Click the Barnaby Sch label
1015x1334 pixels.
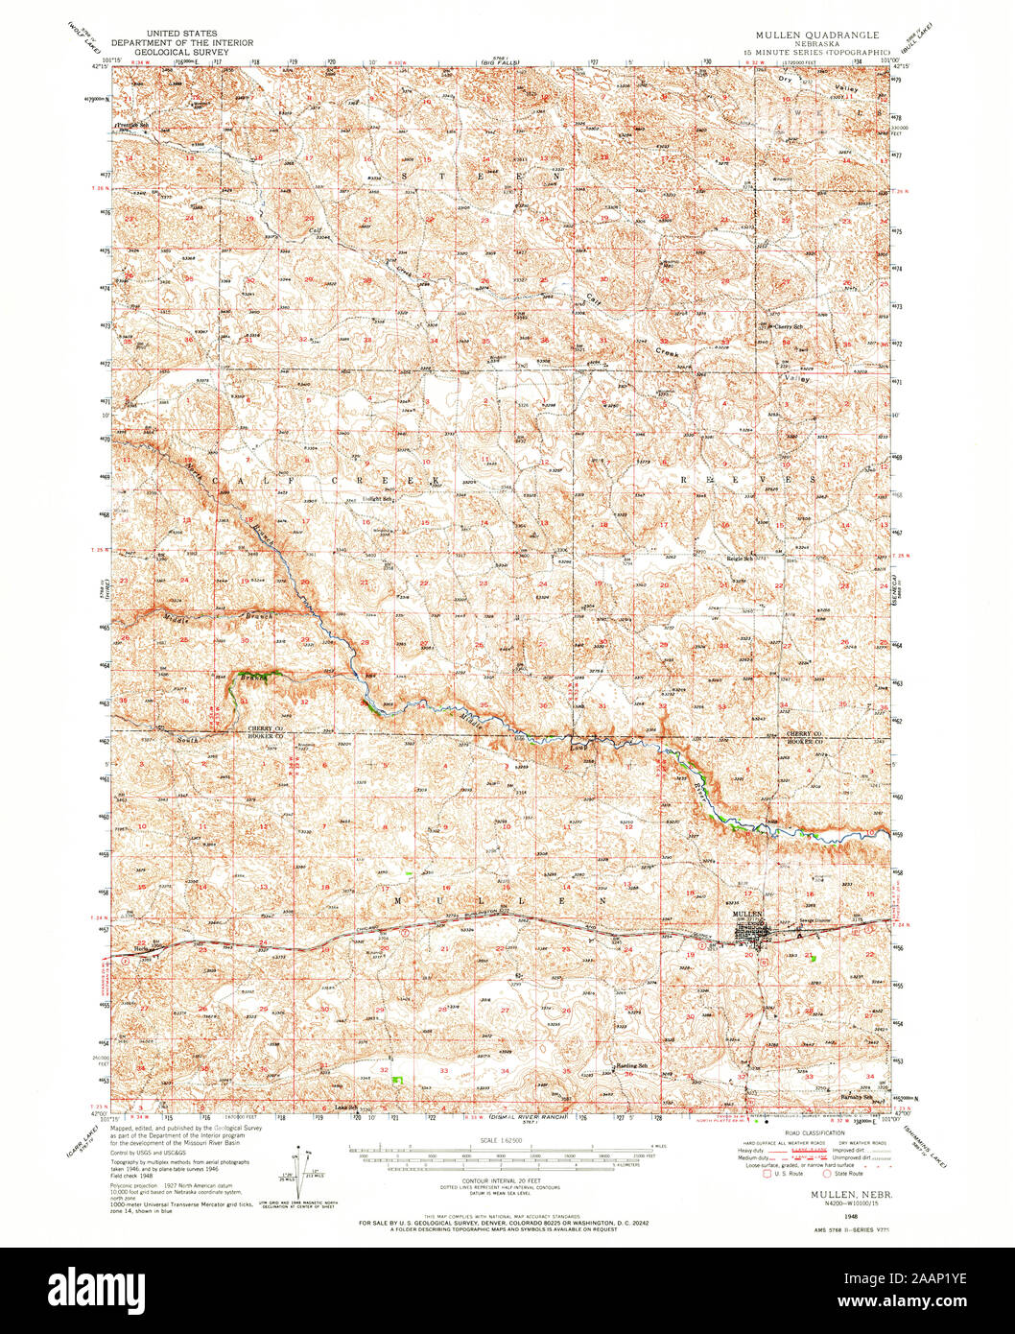(856, 1097)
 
